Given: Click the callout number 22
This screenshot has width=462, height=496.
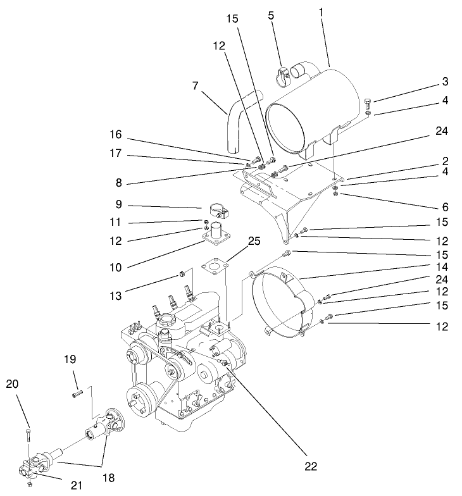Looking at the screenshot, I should [x=310, y=466].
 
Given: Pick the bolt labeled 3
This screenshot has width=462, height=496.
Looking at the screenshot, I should [x=370, y=102].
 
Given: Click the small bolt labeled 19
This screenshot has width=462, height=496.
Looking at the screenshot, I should [x=77, y=394].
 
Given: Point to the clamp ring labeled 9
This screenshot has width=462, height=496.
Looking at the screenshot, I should [x=213, y=209].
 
